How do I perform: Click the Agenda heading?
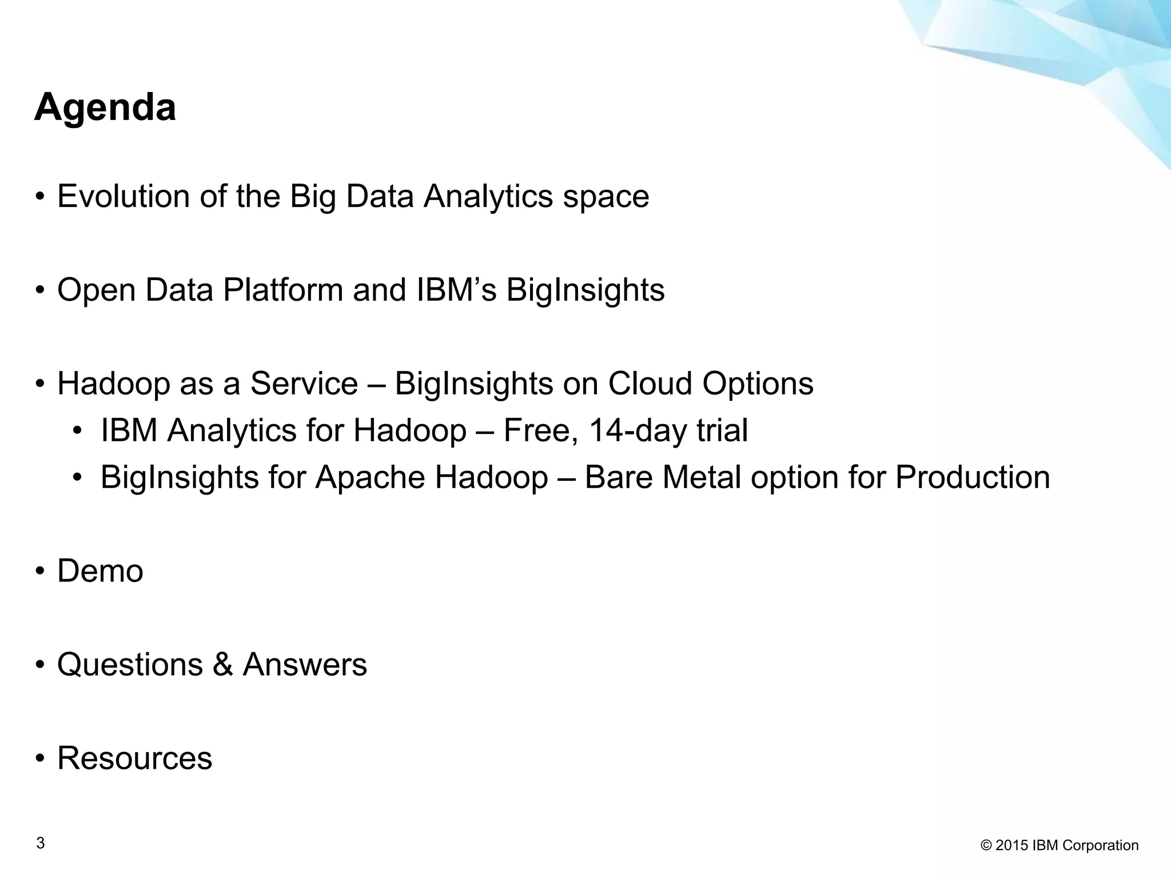(x=105, y=107)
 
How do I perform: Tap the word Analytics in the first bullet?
(x=488, y=196)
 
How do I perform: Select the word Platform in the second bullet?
(x=282, y=290)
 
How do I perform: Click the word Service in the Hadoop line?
(x=304, y=384)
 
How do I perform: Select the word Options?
(x=758, y=384)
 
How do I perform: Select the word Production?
(x=973, y=477)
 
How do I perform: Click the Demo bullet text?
(x=100, y=571)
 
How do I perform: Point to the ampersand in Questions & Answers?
(x=223, y=665)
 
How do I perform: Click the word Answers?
(x=305, y=665)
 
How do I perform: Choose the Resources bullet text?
(x=135, y=759)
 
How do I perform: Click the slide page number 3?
(x=40, y=843)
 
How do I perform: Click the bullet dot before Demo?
(x=39, y=572)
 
